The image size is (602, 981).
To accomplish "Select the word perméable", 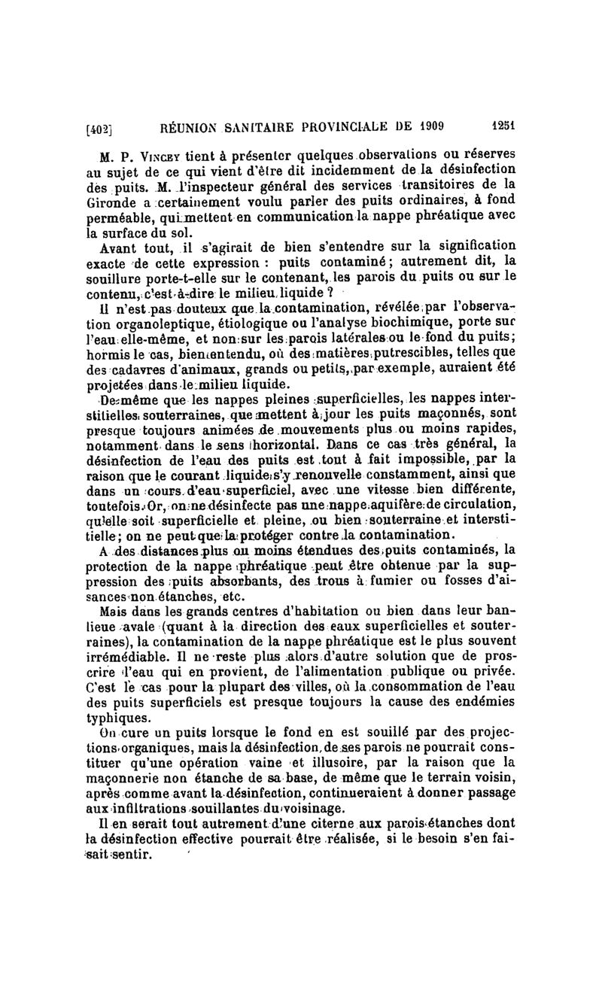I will (123, 217).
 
